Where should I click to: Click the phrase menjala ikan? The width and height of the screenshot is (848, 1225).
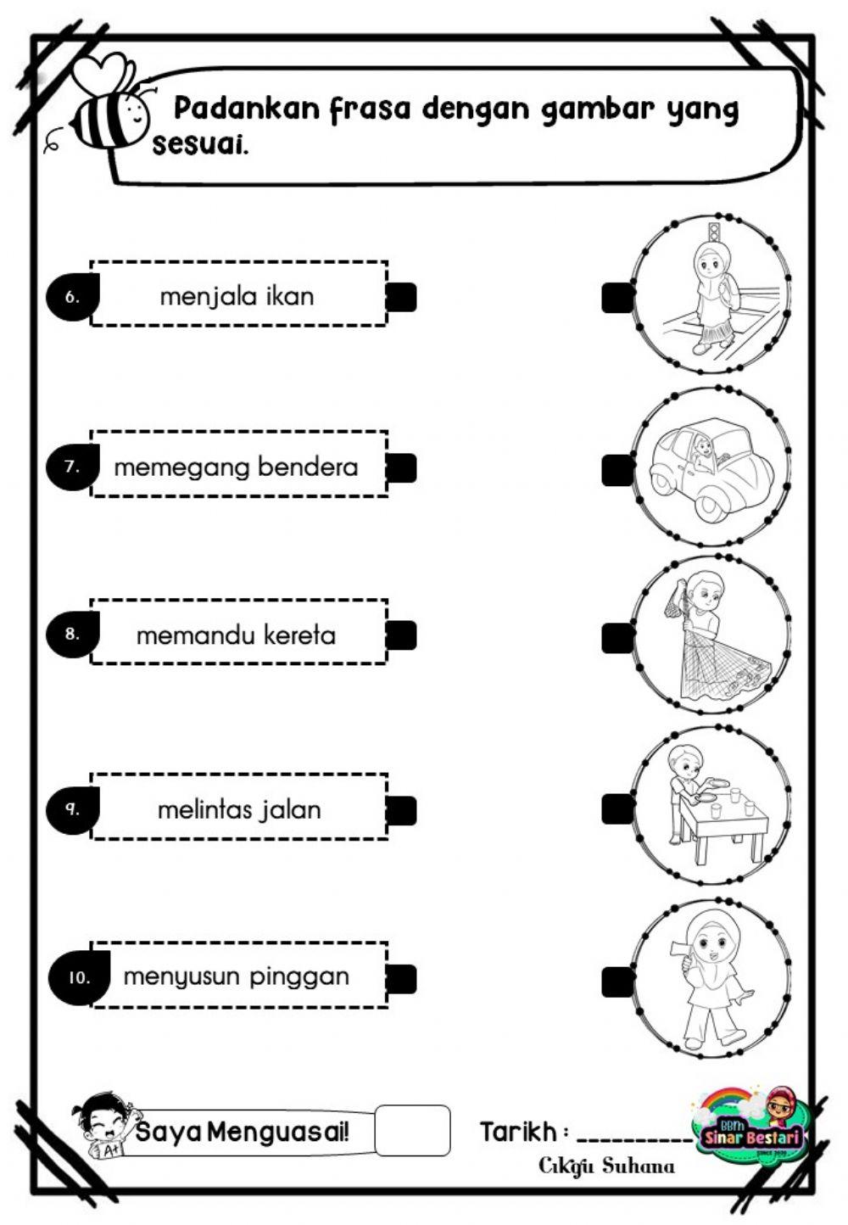(x=237, y=296)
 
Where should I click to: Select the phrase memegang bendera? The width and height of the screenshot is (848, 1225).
(x=236, y=467)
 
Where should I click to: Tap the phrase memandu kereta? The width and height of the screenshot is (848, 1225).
(x=236, y=635)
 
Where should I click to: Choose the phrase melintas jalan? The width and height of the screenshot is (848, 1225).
(x=239, y=809)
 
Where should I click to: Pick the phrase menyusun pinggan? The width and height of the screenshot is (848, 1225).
(x=236, y=976)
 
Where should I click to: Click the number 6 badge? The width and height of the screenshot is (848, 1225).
(x=72, y=297)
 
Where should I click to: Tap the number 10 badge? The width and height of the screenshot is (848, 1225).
(x=79, y=977)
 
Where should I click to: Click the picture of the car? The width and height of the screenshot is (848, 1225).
(x=711, y=467)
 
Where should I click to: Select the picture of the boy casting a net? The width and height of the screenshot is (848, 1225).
(x=711, y=635)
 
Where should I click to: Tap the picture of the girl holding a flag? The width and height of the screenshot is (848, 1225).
(x=711, y=977)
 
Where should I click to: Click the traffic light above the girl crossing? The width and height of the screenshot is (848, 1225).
(x=713, y=232)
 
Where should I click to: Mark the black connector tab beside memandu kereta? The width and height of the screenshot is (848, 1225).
(x=401, y=635)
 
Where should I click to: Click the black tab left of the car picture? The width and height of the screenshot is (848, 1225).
(x=617, y=470)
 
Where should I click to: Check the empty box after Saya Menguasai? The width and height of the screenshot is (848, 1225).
(x=412, y=1130)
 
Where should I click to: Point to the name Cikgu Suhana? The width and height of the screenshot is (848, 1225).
(x=607, y=1166)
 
